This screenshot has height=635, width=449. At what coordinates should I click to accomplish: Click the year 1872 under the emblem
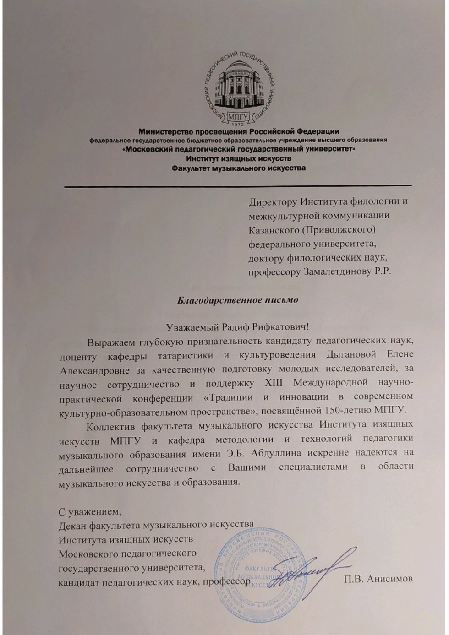click(x=237, y=125)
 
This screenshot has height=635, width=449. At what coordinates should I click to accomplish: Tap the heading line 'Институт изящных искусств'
click(x=238, y=158)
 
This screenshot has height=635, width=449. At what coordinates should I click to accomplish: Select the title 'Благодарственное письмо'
click(x=238, y=300)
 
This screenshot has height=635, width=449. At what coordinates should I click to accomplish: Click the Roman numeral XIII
click(x=274, y=382)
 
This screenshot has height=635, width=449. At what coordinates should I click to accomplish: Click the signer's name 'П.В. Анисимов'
click(x=378, y=579)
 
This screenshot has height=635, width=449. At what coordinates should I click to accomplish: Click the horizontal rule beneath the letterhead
click(x=238, y=186)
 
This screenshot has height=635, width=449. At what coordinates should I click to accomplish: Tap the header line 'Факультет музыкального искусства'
click(x=238, y=168)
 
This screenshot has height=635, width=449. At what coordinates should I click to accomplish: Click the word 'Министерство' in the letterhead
click(x=163, y=132)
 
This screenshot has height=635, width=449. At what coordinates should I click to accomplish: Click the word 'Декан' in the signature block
click(x=72, y=525)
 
